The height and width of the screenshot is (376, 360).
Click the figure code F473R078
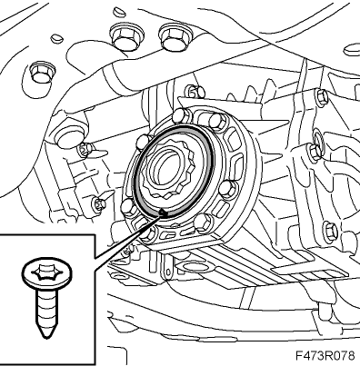[x=325, y=355]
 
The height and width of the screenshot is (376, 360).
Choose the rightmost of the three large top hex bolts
[x=174, y=35]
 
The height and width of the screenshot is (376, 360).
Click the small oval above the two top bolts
[x=119, y=12]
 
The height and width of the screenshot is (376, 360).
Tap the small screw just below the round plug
[x=85, y=148]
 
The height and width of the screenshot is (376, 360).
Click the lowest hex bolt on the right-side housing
[x=330, y=231]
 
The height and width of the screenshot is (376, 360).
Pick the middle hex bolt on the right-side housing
[x=315, y=150]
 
